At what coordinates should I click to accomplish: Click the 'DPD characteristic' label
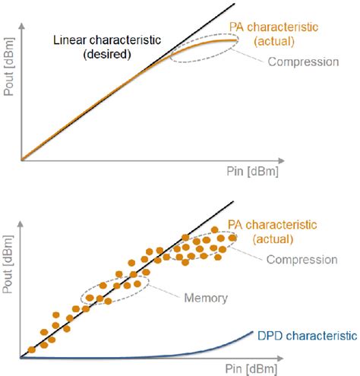304,334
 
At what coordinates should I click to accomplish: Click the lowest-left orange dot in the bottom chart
31,349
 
